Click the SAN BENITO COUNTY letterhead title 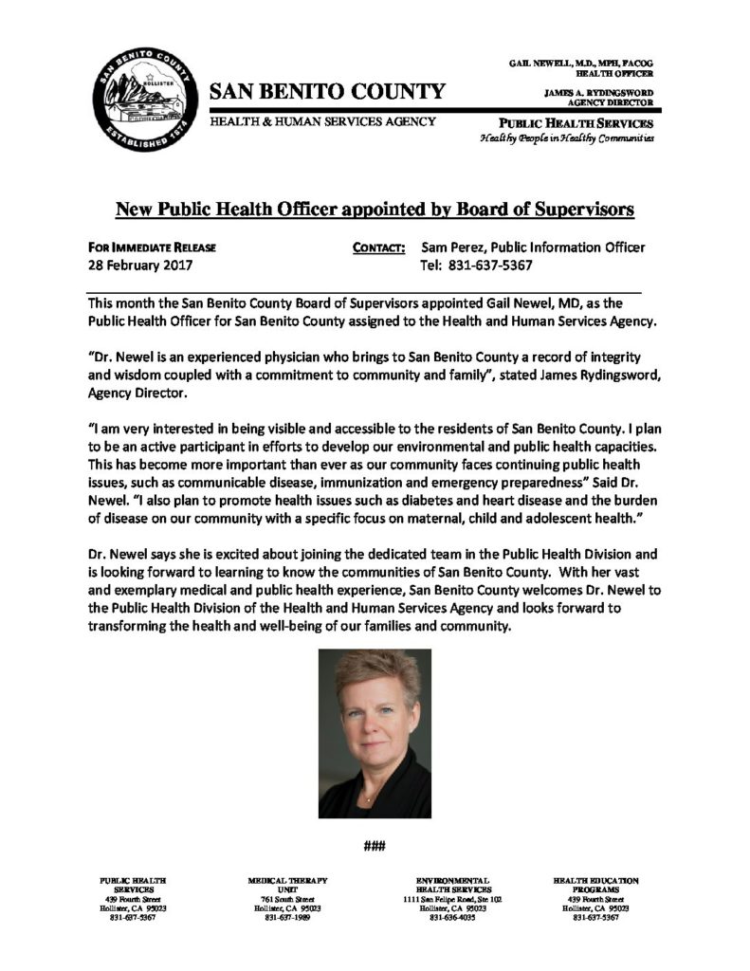point(326,92)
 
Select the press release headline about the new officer point(374,207)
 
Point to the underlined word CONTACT point(379,248)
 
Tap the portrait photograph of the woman point(375,733)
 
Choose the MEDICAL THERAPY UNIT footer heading point(287,886)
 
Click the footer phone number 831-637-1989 point(287,918)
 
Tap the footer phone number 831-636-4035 point(450,918)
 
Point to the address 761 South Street point(287,899)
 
